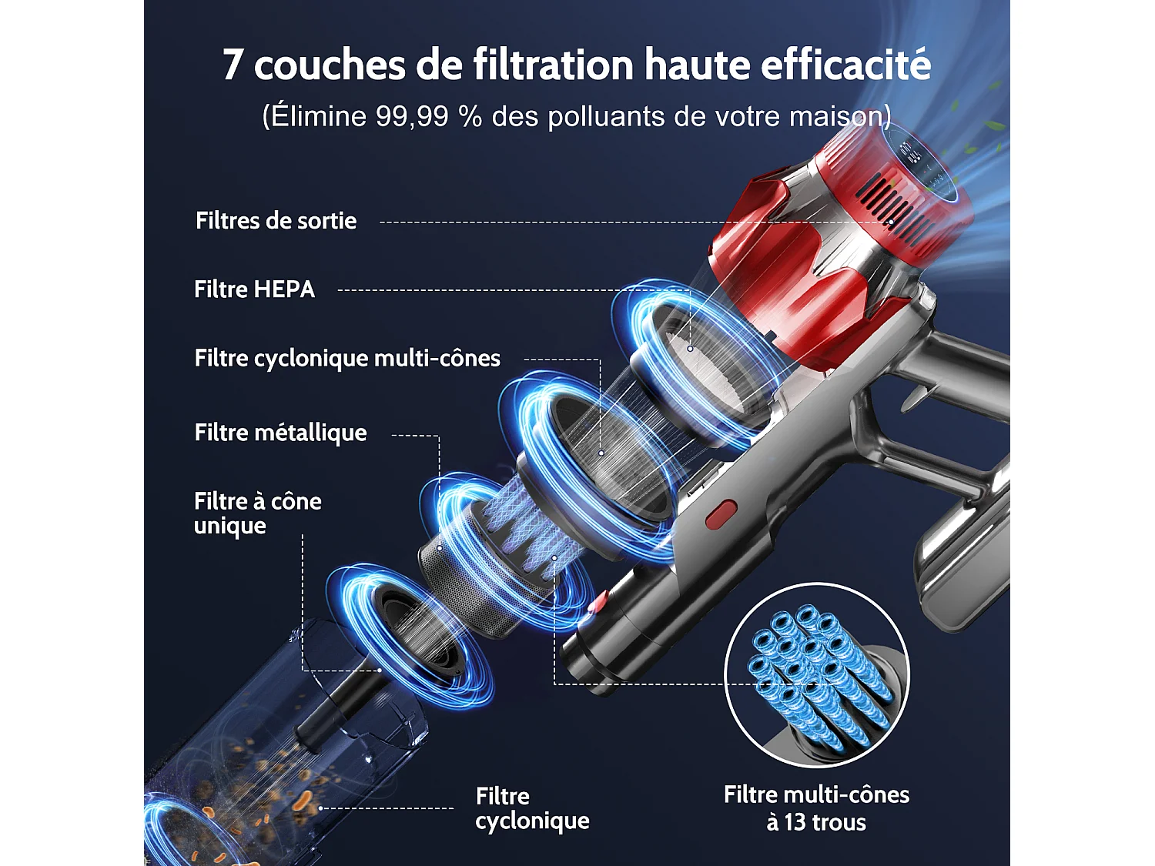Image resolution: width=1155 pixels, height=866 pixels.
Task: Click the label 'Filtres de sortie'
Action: [x=276, y=221]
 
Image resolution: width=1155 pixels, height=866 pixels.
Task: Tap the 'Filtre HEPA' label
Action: [x=254, y=289]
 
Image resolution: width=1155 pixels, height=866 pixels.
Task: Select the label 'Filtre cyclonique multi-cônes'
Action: [x=346, y=359]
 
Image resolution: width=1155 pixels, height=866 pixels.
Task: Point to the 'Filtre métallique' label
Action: [x=280, y=433]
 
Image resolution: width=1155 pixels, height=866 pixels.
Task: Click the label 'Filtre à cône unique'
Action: [x=257, y=513]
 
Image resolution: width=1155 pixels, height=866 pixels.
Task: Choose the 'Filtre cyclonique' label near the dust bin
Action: [x=532, y=808]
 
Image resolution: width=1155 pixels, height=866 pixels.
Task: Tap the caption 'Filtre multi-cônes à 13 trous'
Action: [x=816, y=808]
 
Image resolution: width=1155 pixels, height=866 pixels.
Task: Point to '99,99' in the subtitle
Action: [x=412, y=117]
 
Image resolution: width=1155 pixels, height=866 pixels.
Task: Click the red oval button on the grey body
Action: [x=721, y=514]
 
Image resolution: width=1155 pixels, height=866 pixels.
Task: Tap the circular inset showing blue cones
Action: [x=817, y=675]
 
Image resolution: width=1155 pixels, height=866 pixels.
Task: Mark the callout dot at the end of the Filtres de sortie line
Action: [x=892, y=222]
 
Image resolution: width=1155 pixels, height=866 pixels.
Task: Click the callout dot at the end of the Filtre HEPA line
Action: [x=690, y=349]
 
